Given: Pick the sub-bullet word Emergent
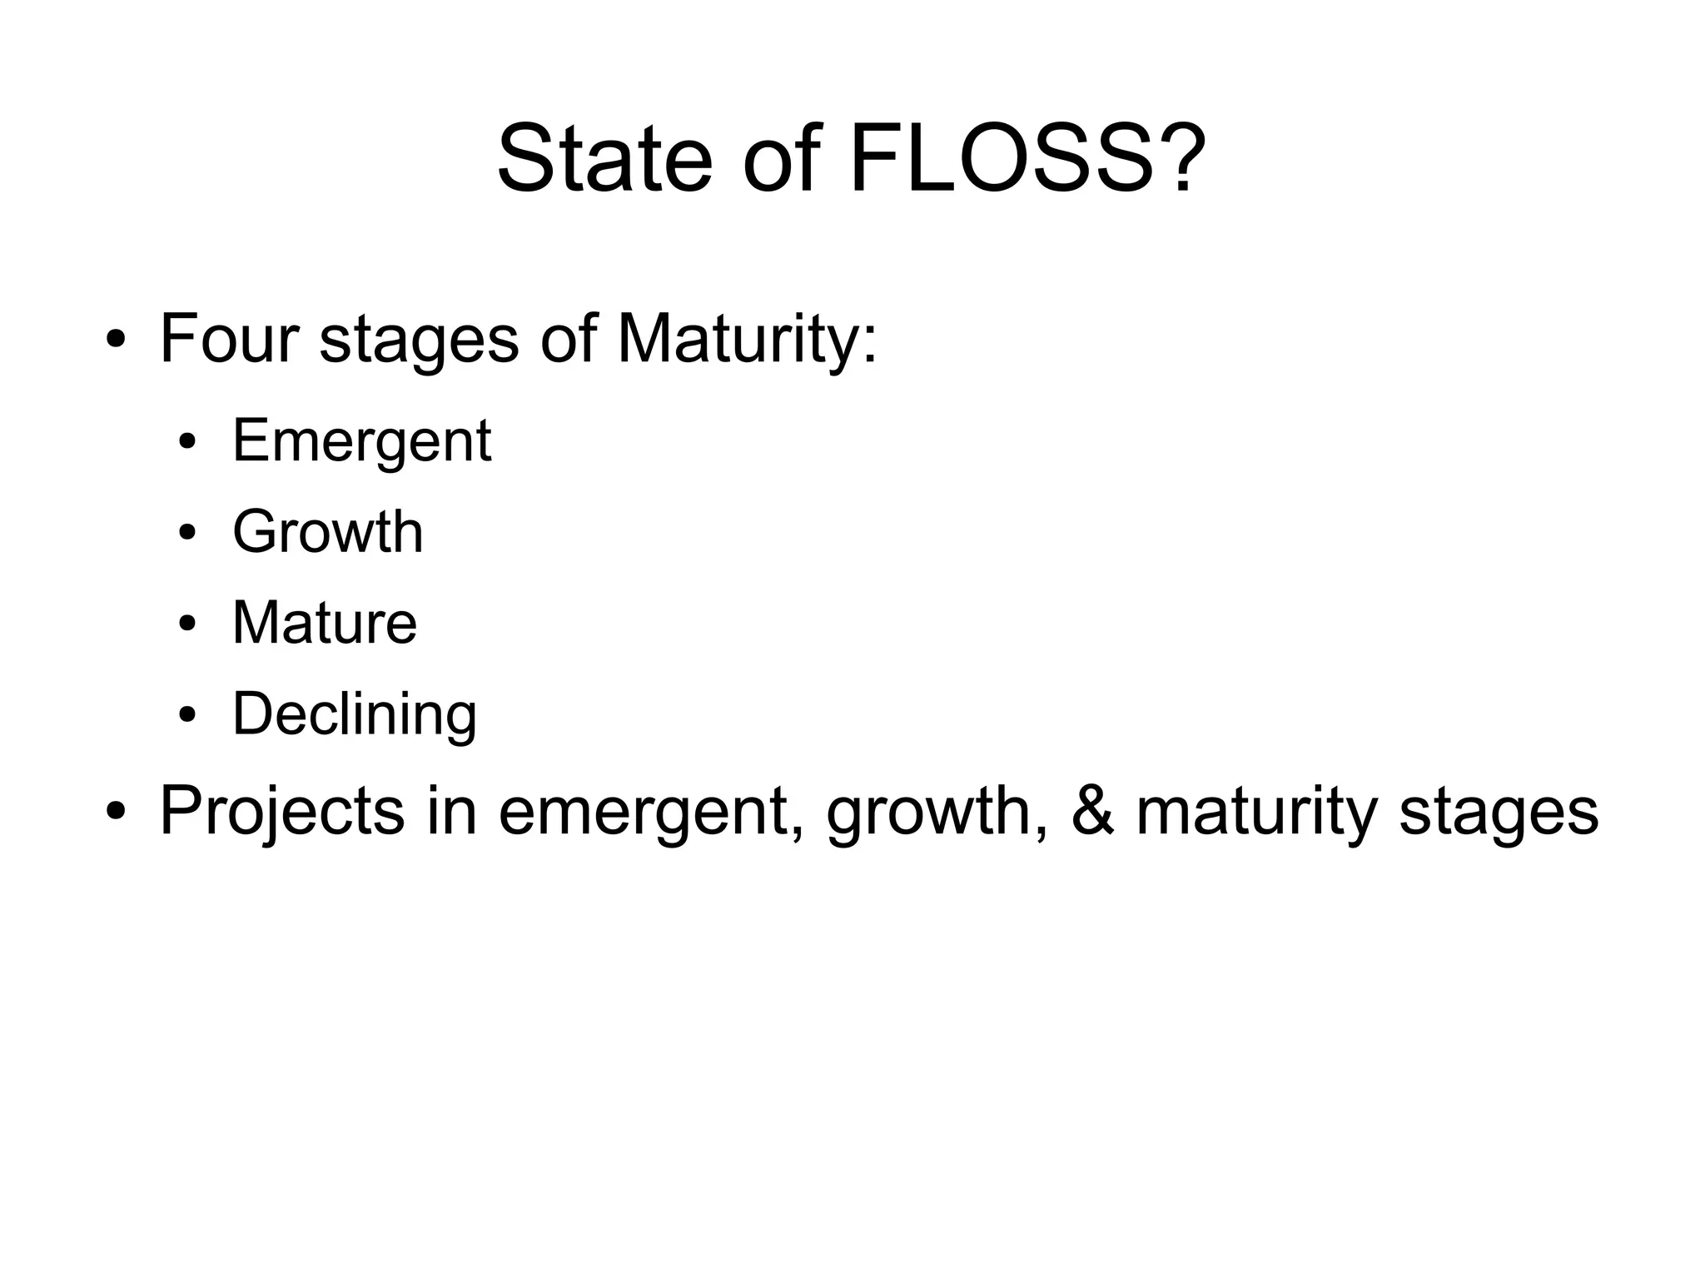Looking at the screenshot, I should pyautogui.click(x=361, y=442).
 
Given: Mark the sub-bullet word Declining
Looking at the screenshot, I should pyautogui.click(x=355, y=714).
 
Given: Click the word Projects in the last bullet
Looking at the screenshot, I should pyautogui.click(x=281, y=812).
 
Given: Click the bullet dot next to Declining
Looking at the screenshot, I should pyautogui.click(x=187, y=715).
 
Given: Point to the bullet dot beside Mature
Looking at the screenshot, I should pyautogui.click(x=187, y=624).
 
